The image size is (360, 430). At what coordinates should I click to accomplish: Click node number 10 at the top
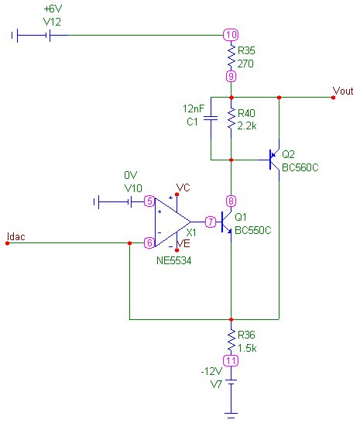231,35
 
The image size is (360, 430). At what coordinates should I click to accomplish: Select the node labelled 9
231,76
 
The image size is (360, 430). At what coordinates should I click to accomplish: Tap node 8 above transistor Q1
231,201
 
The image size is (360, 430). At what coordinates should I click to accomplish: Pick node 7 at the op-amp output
211,222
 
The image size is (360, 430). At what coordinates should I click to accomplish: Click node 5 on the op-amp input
149,201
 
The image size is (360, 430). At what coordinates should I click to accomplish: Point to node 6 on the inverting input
149,243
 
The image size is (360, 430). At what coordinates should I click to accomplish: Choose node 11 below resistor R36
231,360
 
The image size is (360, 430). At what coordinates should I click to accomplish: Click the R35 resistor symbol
231,56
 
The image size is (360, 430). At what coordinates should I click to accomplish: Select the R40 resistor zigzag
231,119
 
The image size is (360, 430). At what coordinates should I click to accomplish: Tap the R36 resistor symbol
231,340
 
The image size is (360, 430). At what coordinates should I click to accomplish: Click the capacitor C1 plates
211,119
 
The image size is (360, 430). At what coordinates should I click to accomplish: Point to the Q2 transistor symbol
274,160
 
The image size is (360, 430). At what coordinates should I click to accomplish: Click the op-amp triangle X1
173,222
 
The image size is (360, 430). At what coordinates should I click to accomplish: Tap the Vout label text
343,91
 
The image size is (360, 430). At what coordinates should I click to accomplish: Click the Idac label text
16,236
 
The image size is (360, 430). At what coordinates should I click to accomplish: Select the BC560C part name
300,167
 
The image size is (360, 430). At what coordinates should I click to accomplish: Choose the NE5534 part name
173,260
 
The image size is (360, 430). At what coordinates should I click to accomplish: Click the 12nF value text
194,109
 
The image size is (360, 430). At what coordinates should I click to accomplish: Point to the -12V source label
211,372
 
